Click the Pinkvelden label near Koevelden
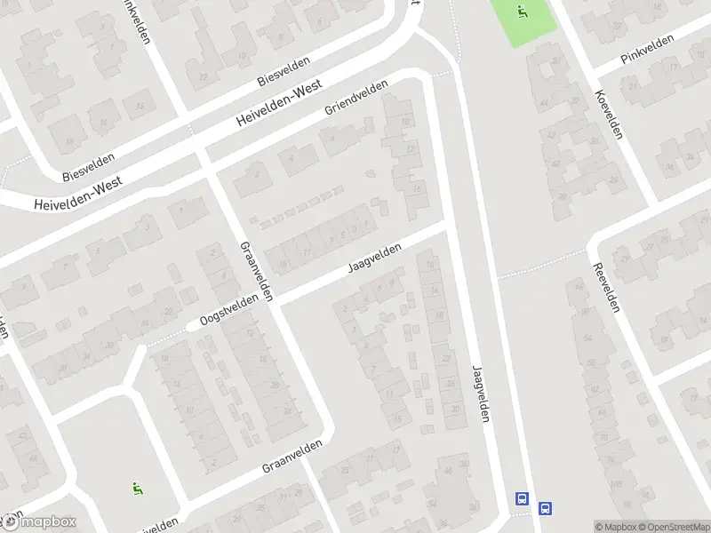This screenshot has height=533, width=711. click(648, 51)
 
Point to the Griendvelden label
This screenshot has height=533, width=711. click(356, 99)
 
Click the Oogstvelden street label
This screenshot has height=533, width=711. click(229, 307)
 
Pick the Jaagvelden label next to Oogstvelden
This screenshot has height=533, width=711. click(375, 260)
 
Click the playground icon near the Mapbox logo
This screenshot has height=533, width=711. click(137, 486)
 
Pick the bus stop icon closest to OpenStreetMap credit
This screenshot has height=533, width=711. click(545, 509)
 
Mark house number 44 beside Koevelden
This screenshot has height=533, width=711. click(545, 104)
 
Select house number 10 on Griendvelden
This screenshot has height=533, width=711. click(405, 122)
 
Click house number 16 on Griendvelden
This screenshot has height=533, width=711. click(284, 264)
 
